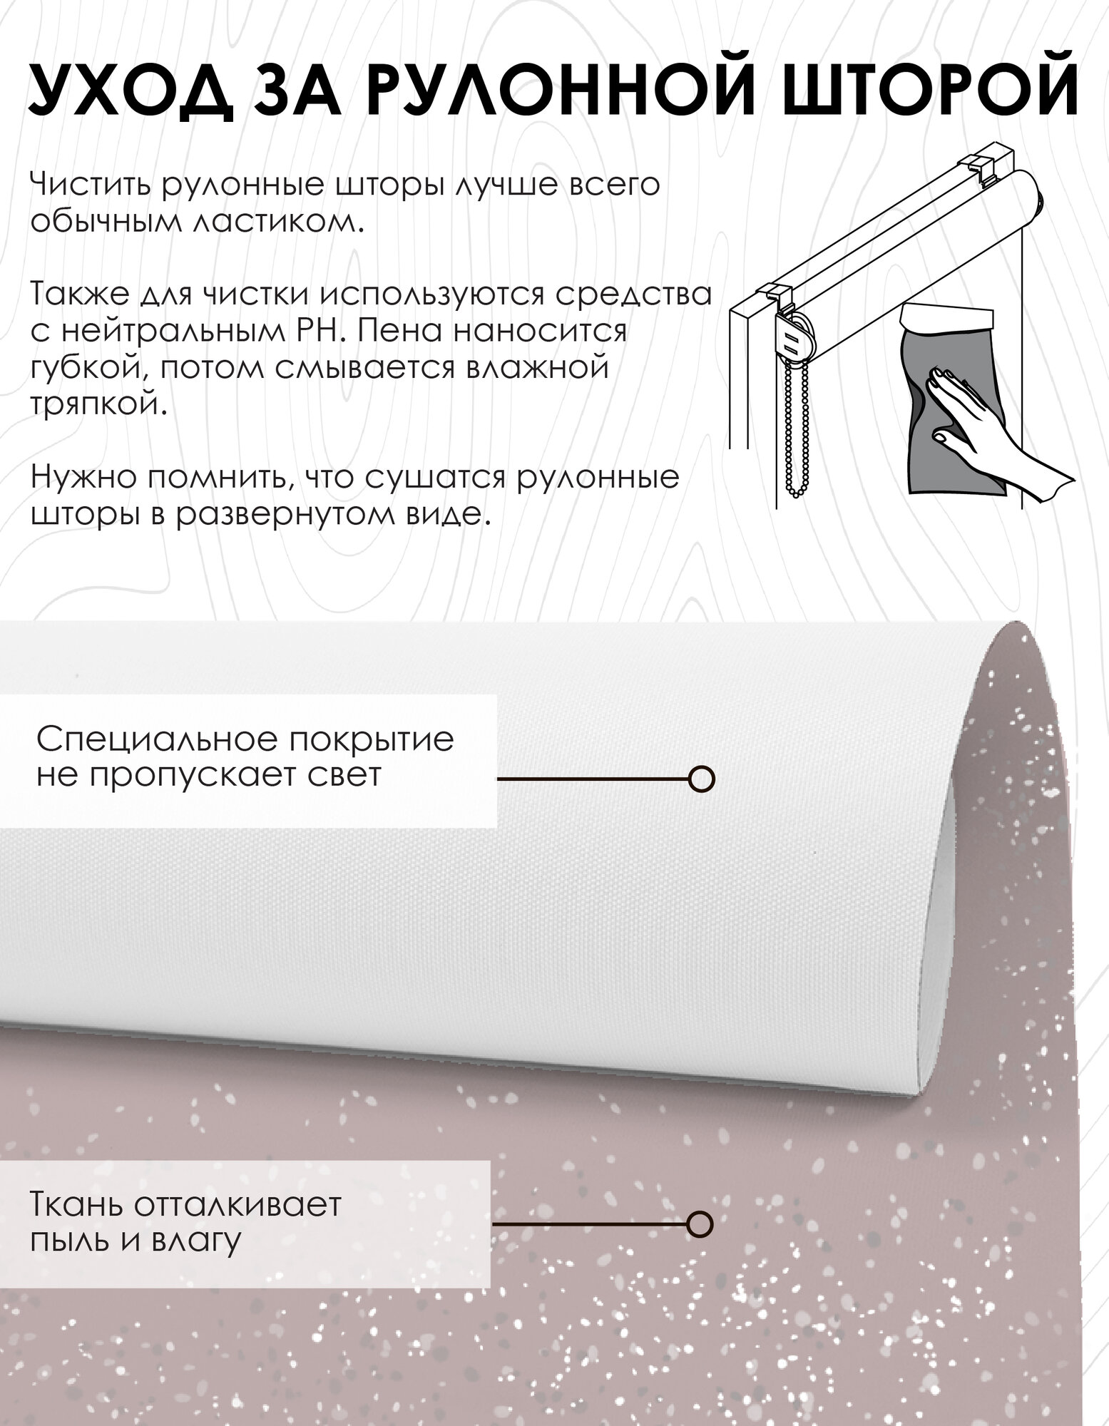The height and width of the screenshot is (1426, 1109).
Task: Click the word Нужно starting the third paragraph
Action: [82, 477]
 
